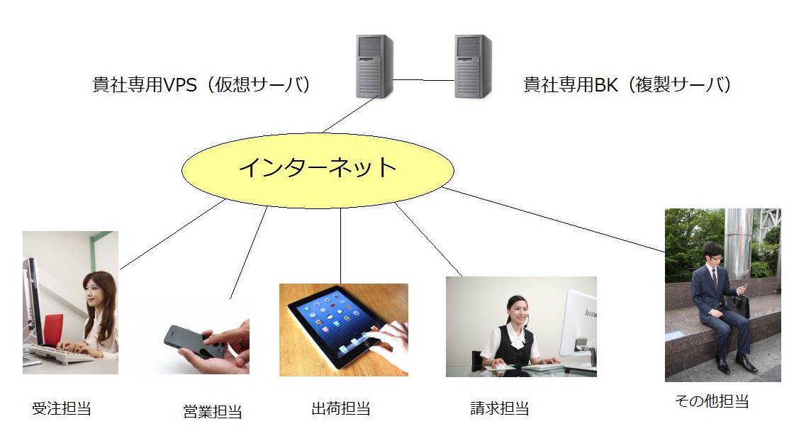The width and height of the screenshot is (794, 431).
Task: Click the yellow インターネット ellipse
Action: (x=318, y=171)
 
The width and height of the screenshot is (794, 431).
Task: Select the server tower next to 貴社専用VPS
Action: (x=375, y=66)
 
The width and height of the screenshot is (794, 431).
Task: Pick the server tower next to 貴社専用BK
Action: (x=473, y=66)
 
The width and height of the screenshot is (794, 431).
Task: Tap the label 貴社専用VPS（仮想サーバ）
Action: (x=201, y=84)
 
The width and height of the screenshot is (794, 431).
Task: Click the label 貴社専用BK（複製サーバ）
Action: (x=627, y=84)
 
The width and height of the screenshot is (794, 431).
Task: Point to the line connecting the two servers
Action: (x=424, y=80)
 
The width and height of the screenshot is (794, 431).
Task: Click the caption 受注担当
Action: (x=61, y=408)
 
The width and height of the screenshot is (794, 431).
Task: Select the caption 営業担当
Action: (x=212, y=411)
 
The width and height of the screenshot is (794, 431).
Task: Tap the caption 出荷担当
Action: (x=341, y=408)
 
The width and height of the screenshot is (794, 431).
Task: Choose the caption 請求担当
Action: (x=500, y=408)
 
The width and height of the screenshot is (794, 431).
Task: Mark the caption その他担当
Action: (x=712, y=401)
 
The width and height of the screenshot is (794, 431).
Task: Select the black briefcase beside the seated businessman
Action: (x=742, y=306)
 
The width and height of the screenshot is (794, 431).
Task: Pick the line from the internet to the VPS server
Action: (x=350, y=114)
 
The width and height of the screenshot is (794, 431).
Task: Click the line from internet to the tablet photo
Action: (x=340, y=246)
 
